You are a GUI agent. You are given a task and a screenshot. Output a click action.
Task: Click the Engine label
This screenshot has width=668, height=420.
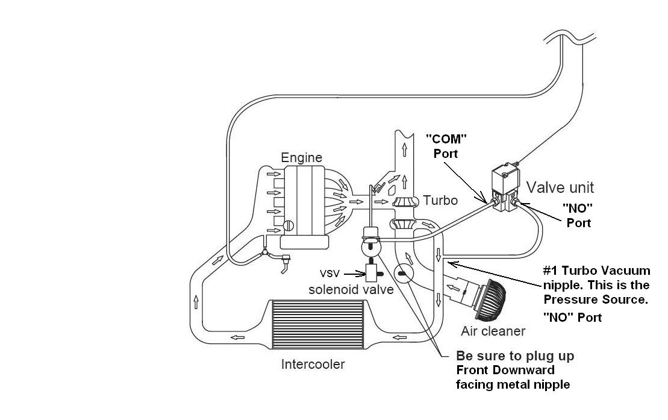click(301, 158)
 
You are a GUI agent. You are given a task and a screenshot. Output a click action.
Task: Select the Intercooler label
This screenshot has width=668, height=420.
click(313, 364)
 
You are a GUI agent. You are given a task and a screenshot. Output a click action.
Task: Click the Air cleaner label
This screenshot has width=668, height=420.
click(493, 330)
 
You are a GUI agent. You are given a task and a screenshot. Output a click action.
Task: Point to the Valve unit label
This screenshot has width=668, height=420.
click(560, 187)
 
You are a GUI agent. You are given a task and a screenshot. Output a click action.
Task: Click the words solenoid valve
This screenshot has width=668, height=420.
click(351, 289)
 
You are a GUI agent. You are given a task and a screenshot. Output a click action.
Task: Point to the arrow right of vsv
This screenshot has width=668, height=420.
click(353, 272)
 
